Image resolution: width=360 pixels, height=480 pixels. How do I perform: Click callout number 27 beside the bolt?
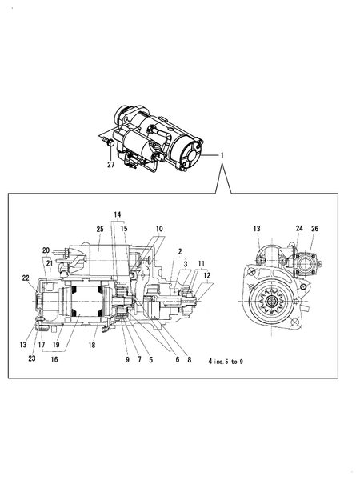(x=111, y=166)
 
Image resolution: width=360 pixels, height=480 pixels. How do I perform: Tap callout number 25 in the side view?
(x=100, y=230)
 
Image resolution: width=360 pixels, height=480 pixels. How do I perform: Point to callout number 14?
(x=118, y=215)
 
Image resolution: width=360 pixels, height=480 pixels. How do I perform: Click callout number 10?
(x=159, y=230)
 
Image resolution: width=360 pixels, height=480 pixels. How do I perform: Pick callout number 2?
(x=180, y=251)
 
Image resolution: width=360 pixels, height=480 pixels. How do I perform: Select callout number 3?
(x=185, y=263)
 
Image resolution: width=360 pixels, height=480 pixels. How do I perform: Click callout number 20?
(x=46, y=250)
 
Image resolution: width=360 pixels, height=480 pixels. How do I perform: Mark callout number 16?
(x=54, y=361)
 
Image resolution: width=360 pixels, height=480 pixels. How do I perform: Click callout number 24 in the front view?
(x=298, y=228)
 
